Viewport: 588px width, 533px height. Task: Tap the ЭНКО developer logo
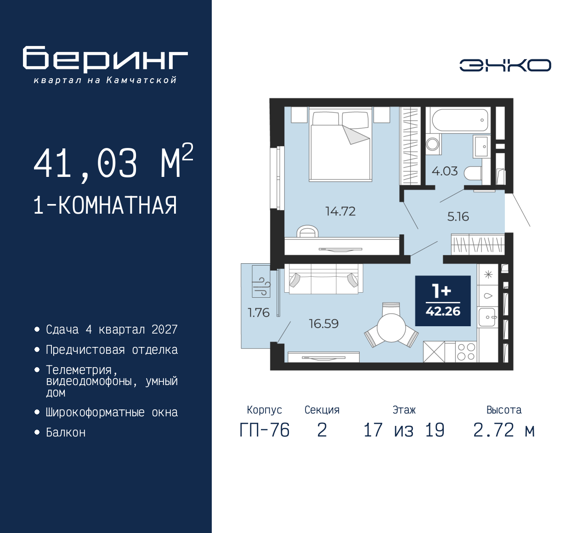click(x=505, y=65)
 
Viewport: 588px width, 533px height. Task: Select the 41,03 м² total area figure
click(x=113, y=163)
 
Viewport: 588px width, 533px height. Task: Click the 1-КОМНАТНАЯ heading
click(x=105, y=205)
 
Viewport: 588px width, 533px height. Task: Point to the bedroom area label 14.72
click(x=340, y=211)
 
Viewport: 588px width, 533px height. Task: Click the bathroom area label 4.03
click(x=444, y=171)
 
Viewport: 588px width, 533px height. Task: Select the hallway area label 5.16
click(x=458, y=217)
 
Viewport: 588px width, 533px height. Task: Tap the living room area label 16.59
click(x=323, y=324)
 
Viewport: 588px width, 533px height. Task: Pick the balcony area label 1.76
click(x=258, y=313)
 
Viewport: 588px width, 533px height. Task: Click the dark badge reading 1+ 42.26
click(x=443, y=301)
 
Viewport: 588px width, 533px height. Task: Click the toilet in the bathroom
click(x=473, y=174)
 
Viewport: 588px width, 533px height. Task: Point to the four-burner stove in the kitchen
click(x=466, y=352)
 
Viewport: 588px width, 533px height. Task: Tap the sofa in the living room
click(x=323, y=278)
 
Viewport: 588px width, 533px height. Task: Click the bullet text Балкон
click(x=66, y=432)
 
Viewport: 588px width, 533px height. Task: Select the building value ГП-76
click(x=265, y=431)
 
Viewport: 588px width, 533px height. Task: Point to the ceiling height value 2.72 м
click(x=504, y=431)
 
